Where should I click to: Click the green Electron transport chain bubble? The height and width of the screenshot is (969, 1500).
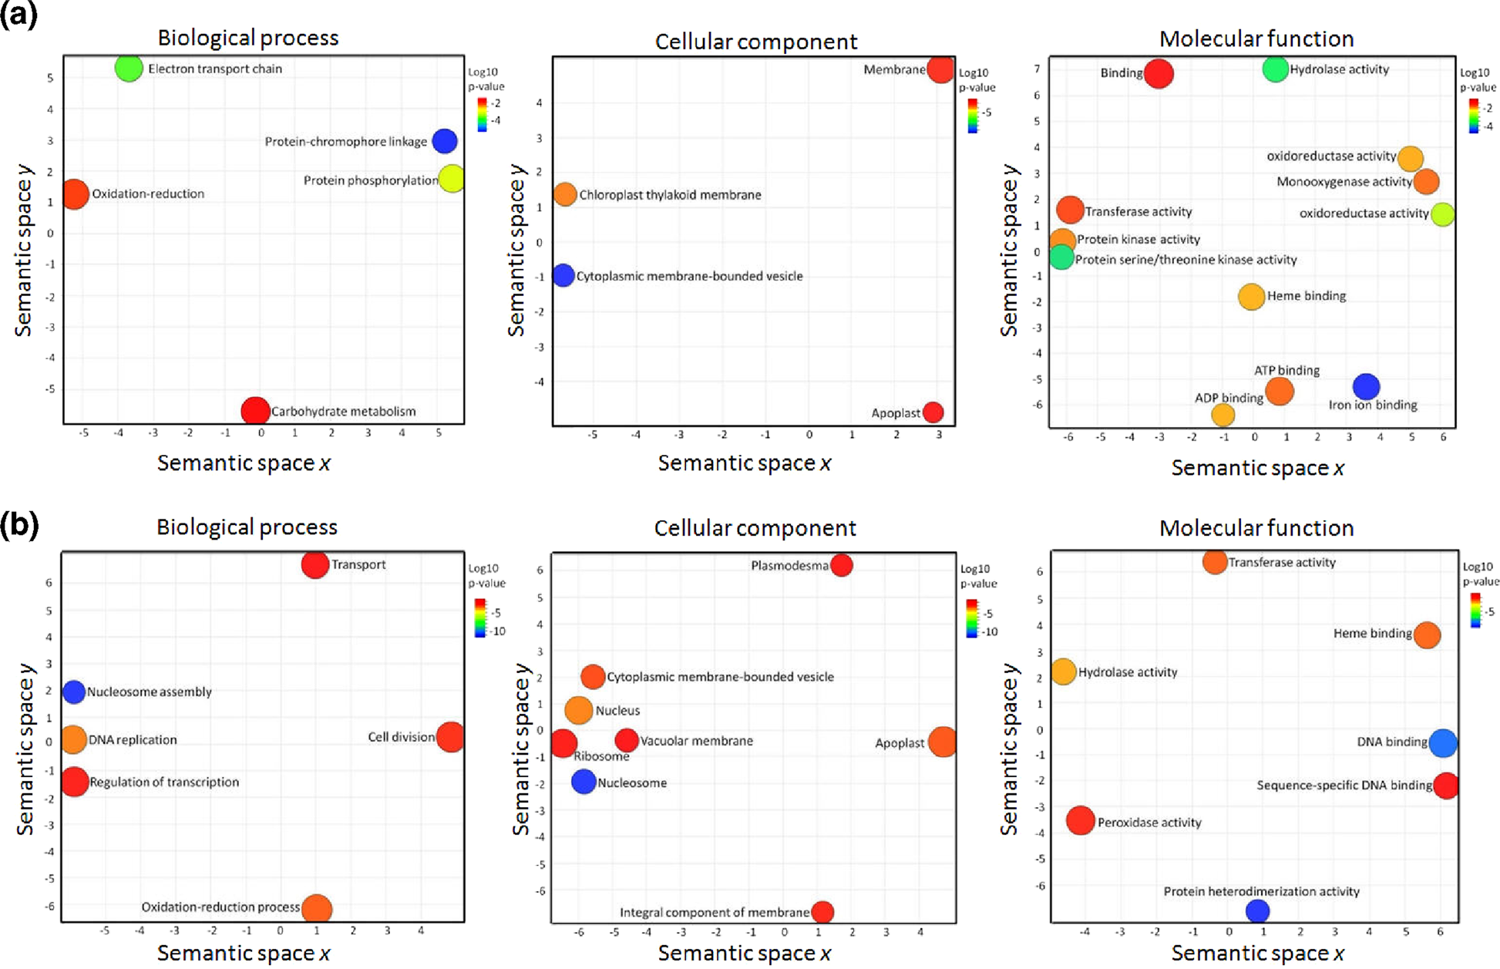[x=129, y=68]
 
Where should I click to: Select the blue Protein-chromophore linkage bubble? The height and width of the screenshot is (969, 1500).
[x=445, y=141]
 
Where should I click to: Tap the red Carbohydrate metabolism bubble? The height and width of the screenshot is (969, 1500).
[x=255, y=411]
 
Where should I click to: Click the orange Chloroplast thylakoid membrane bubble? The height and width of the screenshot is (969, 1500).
[x=565, y=194]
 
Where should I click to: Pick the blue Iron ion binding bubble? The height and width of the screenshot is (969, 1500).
[x=1366, y=386]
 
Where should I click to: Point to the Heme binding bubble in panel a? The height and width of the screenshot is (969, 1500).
[x=1252, y=296]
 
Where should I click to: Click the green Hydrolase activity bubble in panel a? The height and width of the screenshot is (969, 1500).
[x=1276, y=69]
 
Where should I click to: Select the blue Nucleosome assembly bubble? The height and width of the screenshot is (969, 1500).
[x=74, y=691]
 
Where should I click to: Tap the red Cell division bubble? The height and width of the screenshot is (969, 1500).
[x=450, y=737]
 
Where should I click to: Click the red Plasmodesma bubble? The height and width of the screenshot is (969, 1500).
[x=842, y=565]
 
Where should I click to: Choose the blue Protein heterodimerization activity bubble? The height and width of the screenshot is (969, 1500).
[x=1258, y=911]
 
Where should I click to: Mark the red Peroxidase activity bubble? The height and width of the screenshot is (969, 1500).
[x=1081, y=821]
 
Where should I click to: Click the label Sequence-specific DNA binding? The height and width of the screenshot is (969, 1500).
[x=1344, y=786]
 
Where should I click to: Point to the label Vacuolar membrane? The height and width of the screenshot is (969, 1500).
[x=697, y=741]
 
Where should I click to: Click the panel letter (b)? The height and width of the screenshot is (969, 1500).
[x=20, y=525]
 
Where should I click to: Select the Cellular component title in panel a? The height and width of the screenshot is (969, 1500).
[x=755, y=42]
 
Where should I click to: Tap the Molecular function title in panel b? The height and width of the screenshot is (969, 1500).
[x=1256, y=528]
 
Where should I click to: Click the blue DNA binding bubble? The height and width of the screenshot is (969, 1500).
[x=1443, y=743]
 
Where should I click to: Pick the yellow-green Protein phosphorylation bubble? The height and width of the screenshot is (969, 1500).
[x=452, y=178]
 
